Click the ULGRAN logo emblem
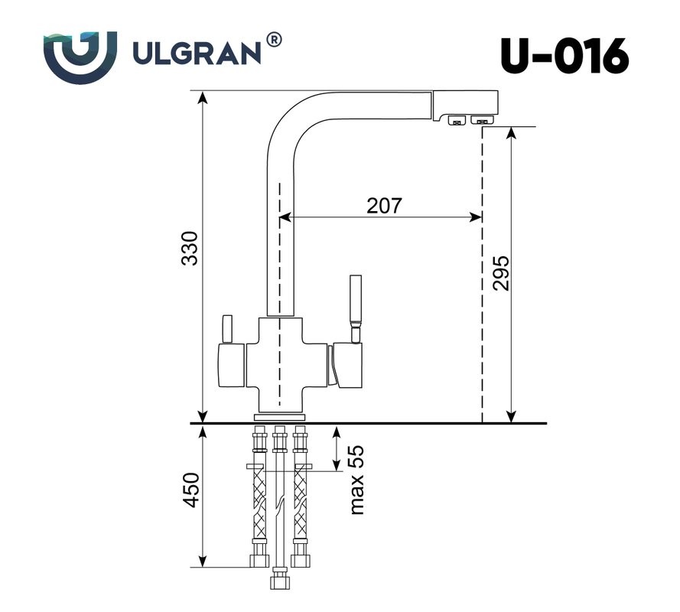[80, 56]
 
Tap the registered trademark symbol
[272, 39]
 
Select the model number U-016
[564, 56]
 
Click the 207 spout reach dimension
[384, 205]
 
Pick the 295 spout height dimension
[501, 272]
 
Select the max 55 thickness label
[356, 480]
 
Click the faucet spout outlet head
[466, 106]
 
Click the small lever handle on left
[226, 328]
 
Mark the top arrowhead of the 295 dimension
[511, 132]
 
